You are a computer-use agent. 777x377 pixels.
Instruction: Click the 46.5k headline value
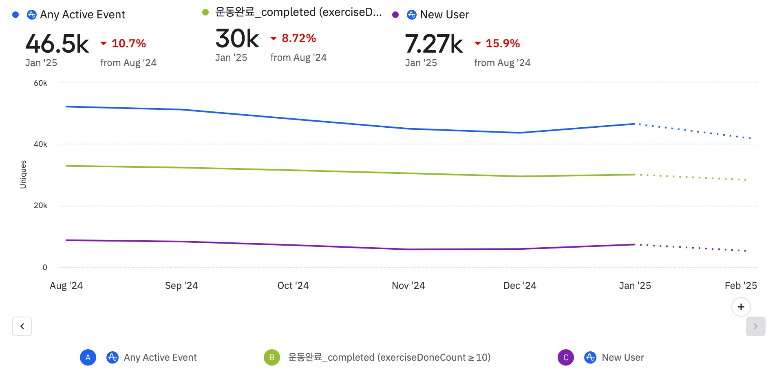(57, 44)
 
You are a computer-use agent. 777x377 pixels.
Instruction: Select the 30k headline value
(237, 39)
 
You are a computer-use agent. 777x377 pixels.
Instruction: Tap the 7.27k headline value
(434, 44)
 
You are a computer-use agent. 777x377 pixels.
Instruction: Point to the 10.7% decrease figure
(128, 43)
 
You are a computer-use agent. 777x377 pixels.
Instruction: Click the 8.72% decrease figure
(298, 38)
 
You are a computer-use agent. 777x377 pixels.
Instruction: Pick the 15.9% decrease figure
(502, 43)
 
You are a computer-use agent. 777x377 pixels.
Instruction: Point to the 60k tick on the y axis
(40, 83)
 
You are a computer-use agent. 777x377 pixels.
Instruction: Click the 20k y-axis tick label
(40, 206)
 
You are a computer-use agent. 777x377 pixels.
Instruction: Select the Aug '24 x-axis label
(66, 286)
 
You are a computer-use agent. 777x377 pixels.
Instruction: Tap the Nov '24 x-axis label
(408, 286)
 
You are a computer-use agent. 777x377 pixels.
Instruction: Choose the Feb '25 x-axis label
(740, 286)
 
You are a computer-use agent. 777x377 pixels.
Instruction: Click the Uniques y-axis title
(23, 175)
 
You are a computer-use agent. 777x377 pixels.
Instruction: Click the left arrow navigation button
(22, 326)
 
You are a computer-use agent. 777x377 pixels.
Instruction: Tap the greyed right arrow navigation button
(755, 326)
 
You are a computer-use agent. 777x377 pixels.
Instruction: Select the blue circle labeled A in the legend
(88, 357)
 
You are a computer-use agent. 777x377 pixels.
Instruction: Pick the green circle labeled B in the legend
(272, 357)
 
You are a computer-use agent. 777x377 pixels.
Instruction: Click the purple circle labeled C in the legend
(566, 357)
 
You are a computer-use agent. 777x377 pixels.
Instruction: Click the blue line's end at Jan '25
(635, 124)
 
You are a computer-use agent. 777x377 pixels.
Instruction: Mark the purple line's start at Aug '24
(66, 240)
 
